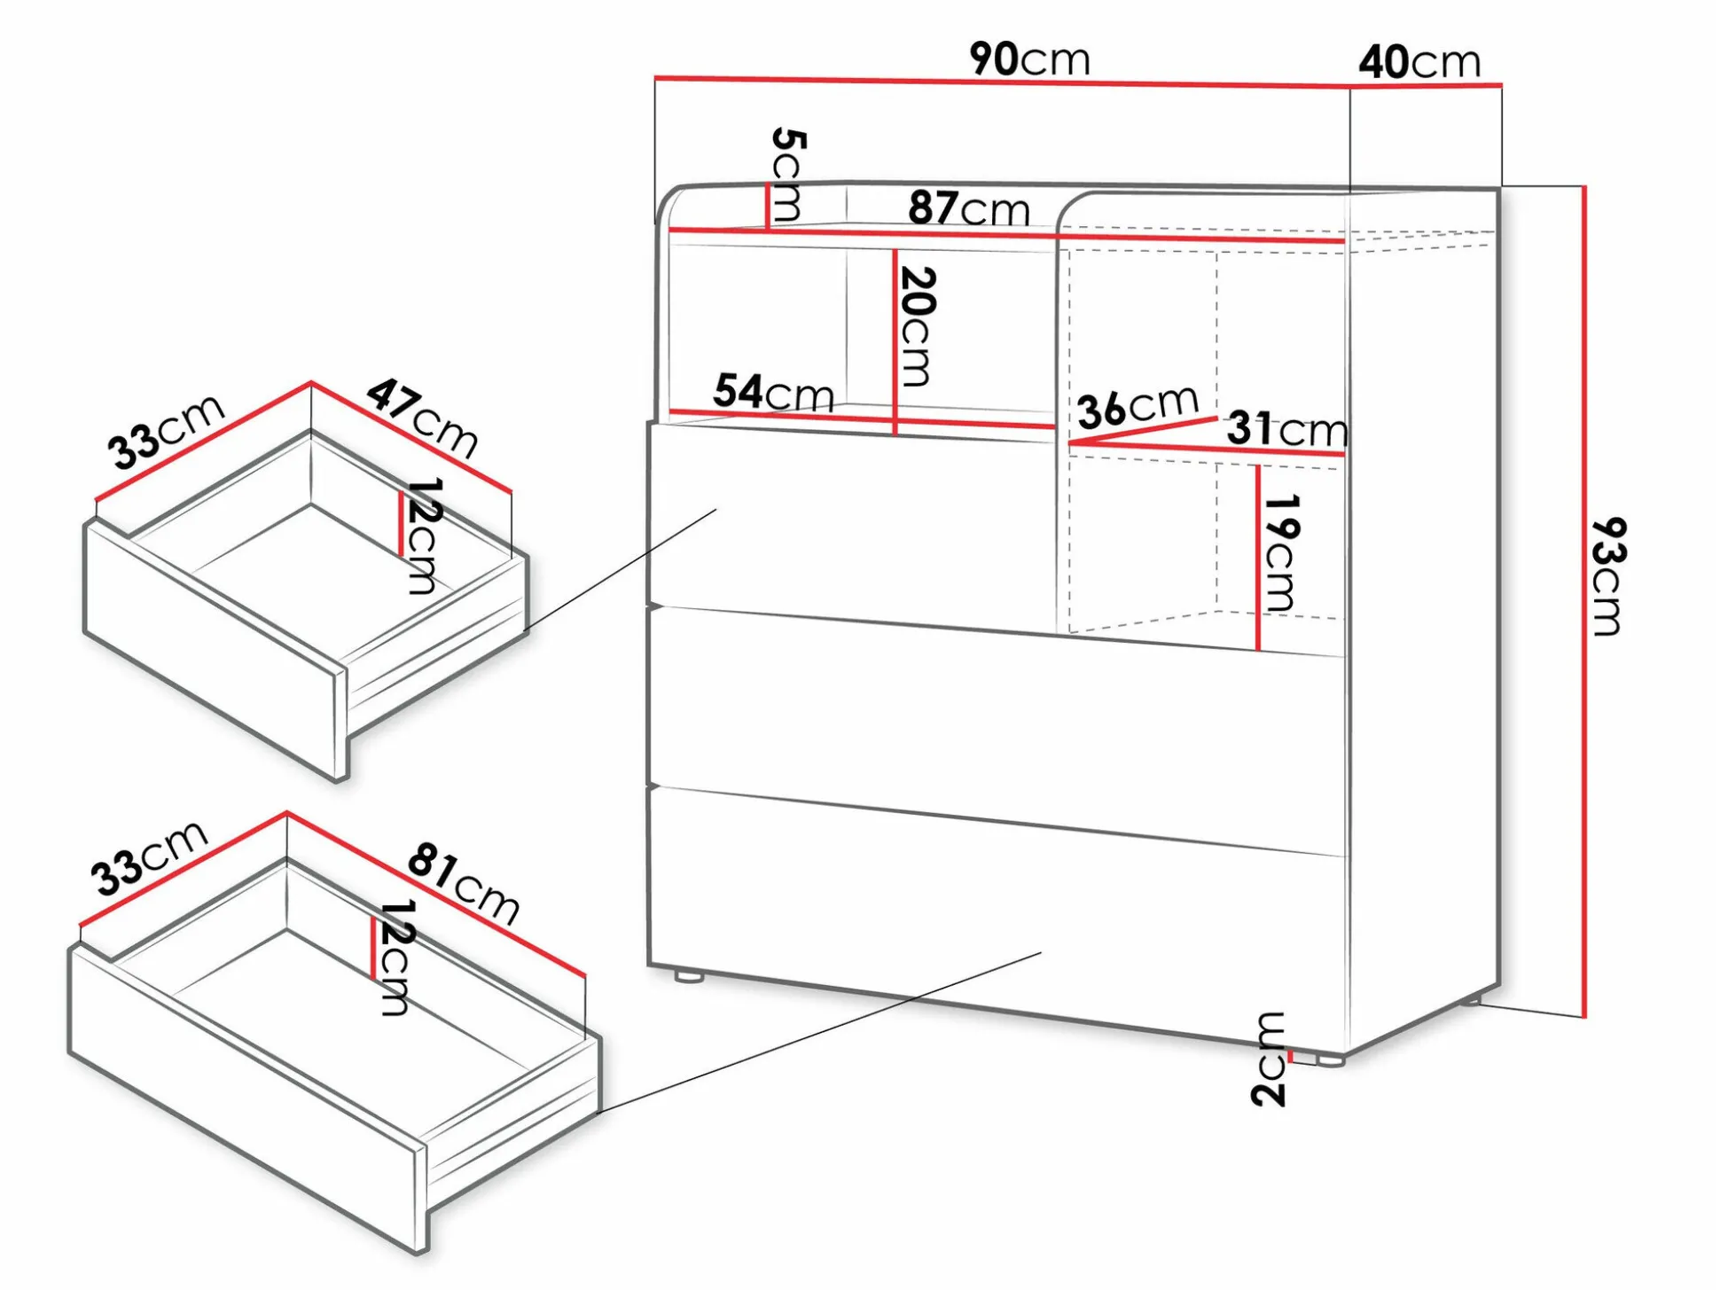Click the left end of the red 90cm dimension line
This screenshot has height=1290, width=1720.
click(656, 78)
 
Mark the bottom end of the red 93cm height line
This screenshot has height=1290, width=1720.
click(1583, 1017)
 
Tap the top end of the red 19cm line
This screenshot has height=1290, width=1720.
click(1257, 465)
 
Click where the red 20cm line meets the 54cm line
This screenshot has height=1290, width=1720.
click(895, 421)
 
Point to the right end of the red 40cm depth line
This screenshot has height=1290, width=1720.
click(1501, 85)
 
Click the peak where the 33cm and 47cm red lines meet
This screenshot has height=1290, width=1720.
click(311, 383)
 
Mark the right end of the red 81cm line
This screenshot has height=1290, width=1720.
click(585, 976)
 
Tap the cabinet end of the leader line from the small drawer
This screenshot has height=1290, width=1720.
click(715, 510)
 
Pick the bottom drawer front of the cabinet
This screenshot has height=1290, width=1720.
click(997, 918)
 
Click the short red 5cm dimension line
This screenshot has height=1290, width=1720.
click(767, 206)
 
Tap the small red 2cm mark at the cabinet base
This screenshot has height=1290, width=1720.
click(1290, 1055)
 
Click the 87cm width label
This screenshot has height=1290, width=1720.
click(969, 208)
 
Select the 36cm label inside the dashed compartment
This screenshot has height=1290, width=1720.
click(1138, 407)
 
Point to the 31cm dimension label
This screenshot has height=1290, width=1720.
click(1287, 429)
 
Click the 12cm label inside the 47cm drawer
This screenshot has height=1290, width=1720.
click(423, 536)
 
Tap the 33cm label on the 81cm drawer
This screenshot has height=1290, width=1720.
click(150, 857)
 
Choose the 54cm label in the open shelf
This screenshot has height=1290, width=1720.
click(774, 392)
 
